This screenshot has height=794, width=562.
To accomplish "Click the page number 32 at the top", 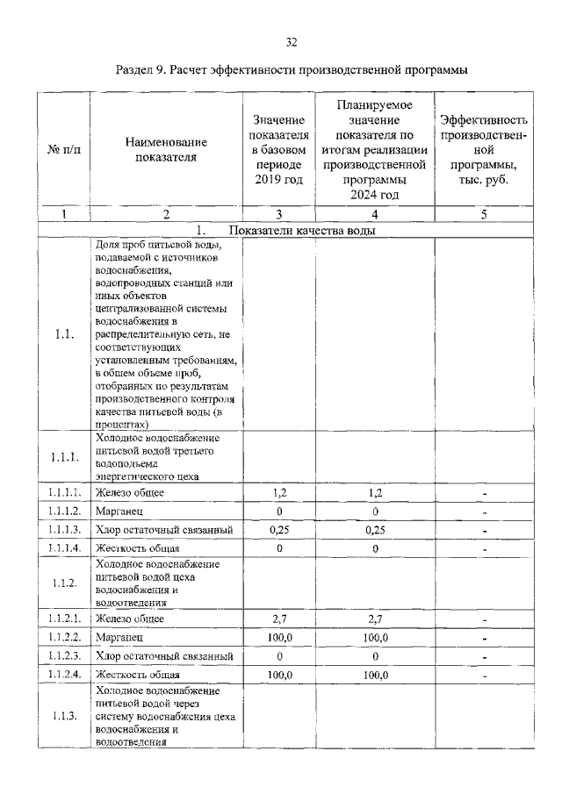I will click(292, 41).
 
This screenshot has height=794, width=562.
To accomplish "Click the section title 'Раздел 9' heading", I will click(292, 69).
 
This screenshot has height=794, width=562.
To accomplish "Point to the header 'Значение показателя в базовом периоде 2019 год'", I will click(278, 150).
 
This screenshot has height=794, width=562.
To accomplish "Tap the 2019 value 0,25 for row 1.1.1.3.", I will click(278, 530).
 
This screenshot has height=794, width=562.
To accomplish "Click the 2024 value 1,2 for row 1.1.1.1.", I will click(375, 493).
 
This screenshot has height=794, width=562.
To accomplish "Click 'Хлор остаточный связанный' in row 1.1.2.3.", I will click(165, 656).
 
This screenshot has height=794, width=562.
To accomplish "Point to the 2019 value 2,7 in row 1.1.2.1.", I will click(278, 619).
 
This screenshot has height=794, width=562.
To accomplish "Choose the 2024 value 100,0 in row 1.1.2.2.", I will click(375, 638).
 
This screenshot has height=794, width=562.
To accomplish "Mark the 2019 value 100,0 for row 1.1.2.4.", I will click(278, 675).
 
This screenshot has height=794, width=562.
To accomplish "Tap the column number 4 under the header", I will click(375, 213).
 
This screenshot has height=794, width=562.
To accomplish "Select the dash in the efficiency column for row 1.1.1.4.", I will click(484, 548).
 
